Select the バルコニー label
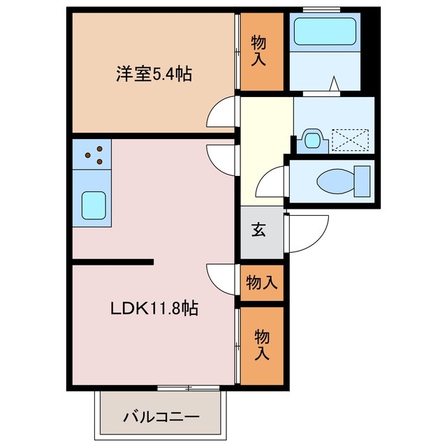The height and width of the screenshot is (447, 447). [161, 417]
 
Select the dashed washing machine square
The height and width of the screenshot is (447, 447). [349, 138]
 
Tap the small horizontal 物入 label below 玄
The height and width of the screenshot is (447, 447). [262, 283]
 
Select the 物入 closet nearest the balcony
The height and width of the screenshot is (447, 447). [262, 346]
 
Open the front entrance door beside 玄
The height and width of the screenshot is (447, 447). [307, 234]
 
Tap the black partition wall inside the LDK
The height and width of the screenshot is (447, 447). [112, 263]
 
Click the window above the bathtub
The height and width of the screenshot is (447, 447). [323, 9]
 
